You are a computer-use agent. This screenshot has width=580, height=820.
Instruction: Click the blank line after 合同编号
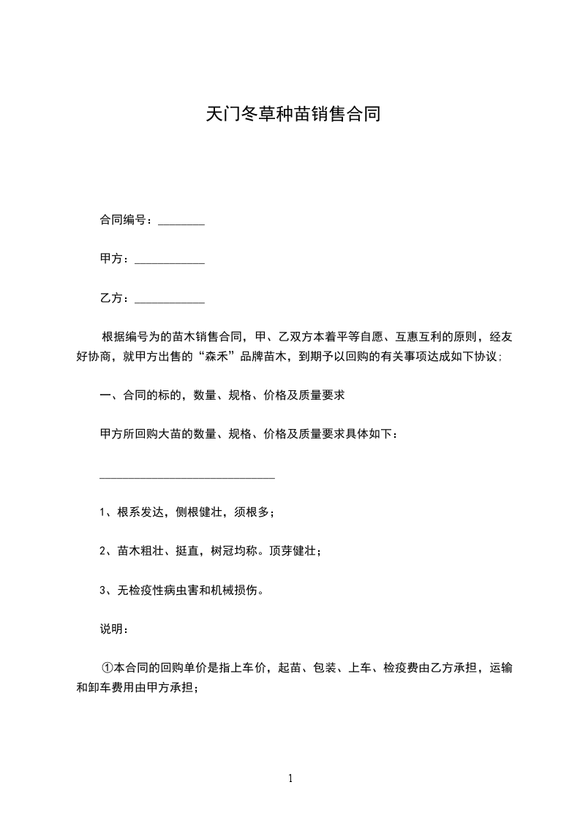(x=181, y=222)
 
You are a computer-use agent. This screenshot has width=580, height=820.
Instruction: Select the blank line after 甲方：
(x=170, y=261)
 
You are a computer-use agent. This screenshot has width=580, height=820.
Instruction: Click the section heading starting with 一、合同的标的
(x=222, y=396)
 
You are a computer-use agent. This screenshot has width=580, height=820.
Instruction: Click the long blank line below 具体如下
(x=187, y=477)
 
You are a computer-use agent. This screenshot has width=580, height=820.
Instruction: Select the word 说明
(x=111, y=628)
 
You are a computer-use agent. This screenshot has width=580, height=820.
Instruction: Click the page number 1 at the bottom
(x=290, y=778)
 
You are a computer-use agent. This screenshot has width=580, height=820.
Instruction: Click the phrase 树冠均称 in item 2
(x=236, y=551)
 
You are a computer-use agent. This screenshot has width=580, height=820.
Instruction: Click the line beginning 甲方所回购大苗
(x=249, y=435)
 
